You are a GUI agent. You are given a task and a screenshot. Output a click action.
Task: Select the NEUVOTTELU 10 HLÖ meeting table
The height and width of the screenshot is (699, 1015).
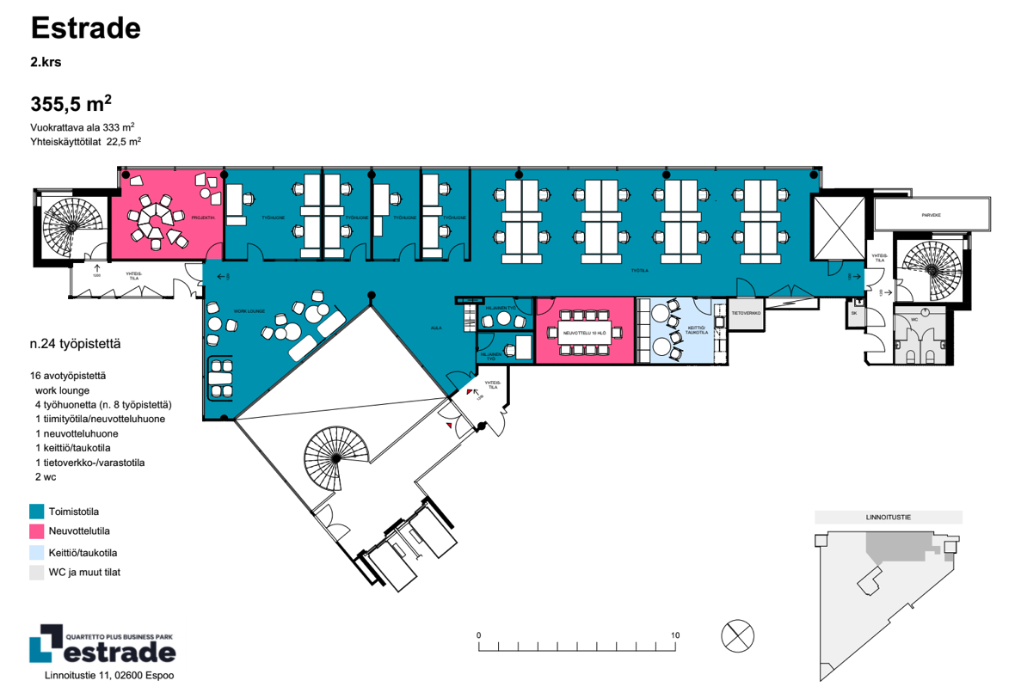(x=584, y=333)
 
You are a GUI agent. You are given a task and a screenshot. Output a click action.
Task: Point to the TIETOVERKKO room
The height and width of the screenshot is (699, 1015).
(x=746, y=313)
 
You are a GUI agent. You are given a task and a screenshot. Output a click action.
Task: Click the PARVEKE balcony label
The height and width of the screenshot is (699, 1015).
(x=931, y=215)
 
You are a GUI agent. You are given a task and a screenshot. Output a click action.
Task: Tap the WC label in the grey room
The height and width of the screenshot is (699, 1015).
(x=914, y=319)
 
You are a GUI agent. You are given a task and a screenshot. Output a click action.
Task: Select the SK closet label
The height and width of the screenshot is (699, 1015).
(x=854, y=313)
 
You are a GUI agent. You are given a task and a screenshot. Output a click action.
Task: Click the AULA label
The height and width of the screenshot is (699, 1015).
(x=436, y=328)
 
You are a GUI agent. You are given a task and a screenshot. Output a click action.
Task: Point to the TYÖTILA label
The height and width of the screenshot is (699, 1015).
(x=638, y=268)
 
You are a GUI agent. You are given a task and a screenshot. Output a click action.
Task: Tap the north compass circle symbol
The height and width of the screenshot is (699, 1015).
(x=737, y=636)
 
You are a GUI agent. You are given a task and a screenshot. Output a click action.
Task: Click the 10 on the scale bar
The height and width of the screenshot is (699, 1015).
(x=675, y=635)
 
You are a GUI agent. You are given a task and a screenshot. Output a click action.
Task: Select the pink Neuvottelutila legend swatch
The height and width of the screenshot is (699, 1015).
(x=37, y=531)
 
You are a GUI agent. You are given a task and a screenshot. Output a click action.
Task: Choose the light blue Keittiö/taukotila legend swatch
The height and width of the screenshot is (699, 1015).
(x=37, y=552)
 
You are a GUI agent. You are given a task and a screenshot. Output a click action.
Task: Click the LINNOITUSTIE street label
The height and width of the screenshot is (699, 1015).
(x=889, y=518)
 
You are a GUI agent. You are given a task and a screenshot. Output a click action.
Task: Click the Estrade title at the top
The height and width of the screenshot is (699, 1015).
(x=85, y=28)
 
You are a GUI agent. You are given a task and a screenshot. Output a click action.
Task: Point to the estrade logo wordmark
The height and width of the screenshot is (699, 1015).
(x=119, y=652)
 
